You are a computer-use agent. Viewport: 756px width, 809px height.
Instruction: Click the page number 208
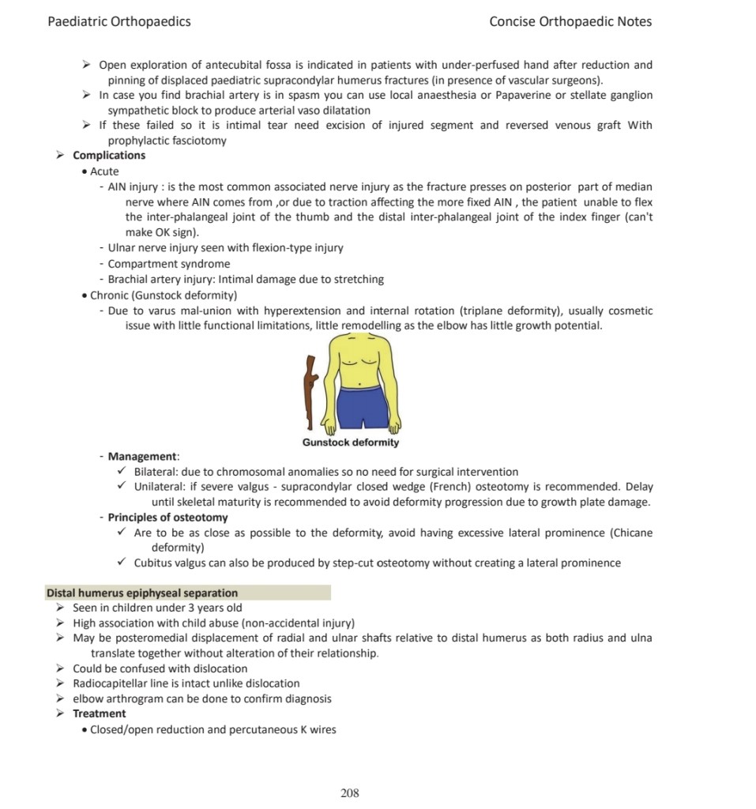[x=350, y=792]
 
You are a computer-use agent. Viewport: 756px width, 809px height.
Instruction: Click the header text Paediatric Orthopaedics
[x=119, y=21]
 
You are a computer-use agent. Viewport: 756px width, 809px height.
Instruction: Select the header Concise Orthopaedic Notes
[x=570, y=21]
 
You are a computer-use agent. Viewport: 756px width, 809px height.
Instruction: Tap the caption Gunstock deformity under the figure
[x=351, y=442]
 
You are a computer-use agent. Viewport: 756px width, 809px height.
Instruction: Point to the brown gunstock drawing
[x=310, y=390]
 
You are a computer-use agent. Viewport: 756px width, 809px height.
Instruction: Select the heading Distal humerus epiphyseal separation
[x=142, y=593]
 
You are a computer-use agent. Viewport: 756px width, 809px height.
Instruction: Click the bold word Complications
[x=109, y=156]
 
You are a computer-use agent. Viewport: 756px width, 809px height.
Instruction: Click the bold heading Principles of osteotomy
[x=167, y=517]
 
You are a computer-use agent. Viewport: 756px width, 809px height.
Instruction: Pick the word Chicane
[x=632, y=532]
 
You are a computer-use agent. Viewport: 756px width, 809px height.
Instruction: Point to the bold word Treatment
[x=100, y=713]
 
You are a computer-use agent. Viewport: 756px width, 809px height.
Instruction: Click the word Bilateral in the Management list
[x=156, y=472]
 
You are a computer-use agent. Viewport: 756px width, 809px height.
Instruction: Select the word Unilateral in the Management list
[x=160, y=487]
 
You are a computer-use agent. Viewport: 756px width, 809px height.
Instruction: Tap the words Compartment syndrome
[x=169, y=264]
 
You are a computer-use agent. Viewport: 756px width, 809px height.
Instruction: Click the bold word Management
[x=143, y=457]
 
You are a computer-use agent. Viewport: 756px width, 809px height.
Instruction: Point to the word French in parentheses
[x=468, y=487]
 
